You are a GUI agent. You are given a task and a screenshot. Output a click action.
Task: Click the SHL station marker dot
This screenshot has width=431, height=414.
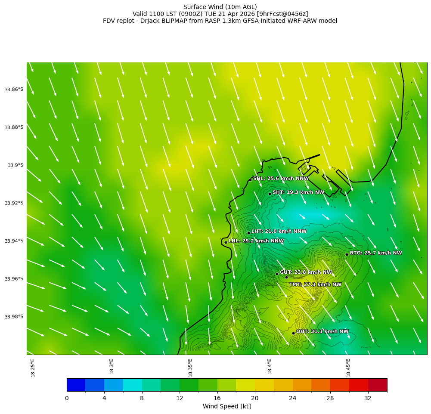pos(250,180)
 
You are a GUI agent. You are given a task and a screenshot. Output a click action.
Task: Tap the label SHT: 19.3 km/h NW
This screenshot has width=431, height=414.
pos(298,192)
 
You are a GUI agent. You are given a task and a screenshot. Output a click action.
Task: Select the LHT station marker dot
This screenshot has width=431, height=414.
pos(248,233)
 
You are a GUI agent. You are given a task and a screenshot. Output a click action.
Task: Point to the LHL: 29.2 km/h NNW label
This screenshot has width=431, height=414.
pos(256,241)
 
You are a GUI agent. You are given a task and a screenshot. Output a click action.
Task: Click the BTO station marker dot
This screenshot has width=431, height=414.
pos(347,254)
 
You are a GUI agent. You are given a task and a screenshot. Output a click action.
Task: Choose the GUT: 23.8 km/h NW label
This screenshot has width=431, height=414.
pos(306,272)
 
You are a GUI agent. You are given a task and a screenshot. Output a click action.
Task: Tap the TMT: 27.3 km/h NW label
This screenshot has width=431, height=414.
pos(315,284)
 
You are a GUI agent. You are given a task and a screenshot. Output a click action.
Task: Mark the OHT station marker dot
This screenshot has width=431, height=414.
pos(293,333)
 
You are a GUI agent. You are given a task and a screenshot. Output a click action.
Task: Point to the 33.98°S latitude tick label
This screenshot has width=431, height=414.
pos(14,317)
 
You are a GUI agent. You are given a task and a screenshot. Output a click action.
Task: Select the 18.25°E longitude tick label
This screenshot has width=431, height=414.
pos(33,368)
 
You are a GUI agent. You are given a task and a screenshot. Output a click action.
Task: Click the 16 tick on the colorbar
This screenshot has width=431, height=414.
pos(217,399)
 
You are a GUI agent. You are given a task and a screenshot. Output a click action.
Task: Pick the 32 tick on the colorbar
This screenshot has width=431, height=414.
pos(368,399)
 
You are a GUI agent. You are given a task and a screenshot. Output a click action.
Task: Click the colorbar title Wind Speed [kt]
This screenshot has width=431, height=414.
pos(226,407)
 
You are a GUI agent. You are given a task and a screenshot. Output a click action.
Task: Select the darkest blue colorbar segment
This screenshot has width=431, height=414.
pos(76,385)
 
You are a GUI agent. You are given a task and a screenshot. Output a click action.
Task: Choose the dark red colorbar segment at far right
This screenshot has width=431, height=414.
pos(378,385)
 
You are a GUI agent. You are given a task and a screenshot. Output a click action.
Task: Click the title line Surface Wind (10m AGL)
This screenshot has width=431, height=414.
pos(220,7)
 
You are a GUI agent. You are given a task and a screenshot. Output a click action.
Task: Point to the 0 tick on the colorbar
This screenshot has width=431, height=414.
pos(67,399)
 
